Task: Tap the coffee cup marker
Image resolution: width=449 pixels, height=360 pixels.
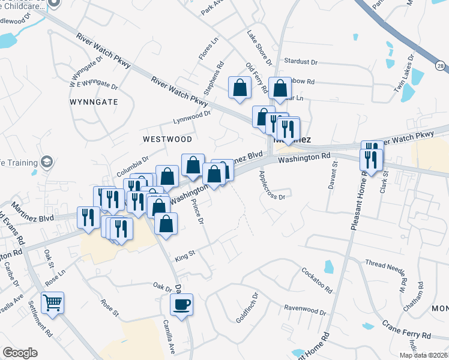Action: coord(182,304)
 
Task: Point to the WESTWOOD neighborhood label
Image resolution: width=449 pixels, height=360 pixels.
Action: coord(167,139)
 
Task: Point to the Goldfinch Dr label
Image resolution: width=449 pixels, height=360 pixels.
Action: coord(247,308)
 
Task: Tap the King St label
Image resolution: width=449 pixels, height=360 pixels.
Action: coord(185,256)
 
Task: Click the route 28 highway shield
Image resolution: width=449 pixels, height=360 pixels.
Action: coord(442,65)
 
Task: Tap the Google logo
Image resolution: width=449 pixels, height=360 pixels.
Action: coord(20,353)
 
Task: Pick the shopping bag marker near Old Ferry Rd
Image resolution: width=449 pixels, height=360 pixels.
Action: coord(240,88)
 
